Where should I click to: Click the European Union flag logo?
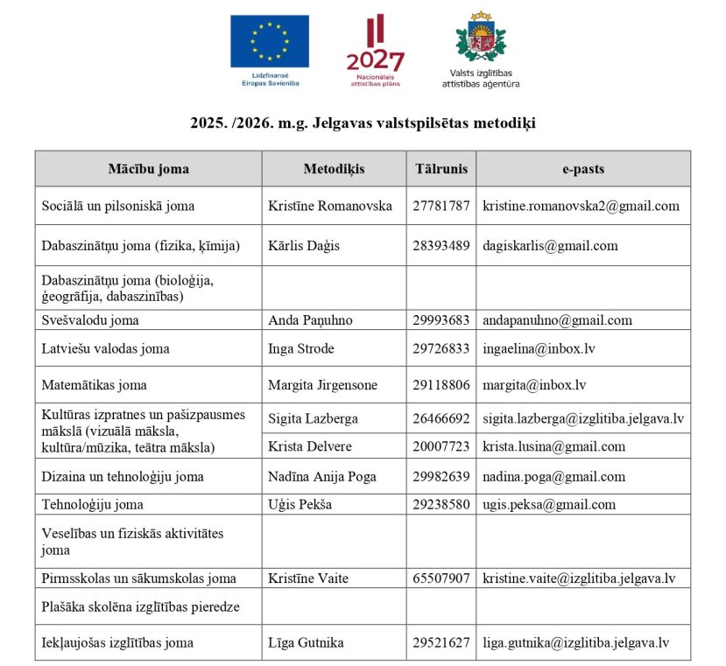[x=270, y=41]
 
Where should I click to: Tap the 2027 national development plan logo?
[x=375, y=48]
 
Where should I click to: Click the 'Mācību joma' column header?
[x=148, y=169]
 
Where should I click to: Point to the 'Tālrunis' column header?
[x=441, y=169]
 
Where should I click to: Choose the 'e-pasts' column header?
[x=582, y=169]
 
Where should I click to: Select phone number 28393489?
[x=441, y=246]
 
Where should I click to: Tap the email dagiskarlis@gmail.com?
[x=550, y=246]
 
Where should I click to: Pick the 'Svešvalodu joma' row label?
[x=90, y=320]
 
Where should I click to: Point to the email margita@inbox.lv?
[x=534, y=385]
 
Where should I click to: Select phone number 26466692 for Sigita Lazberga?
[x=441, y=419]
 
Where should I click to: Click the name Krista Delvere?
[x=310, y=447]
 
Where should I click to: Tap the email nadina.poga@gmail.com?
[x=553, y=477]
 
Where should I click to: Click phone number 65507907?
[x=441, y=578]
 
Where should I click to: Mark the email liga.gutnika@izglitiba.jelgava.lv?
[x=575, y=643]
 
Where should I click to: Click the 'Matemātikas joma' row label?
[x=95, y=385]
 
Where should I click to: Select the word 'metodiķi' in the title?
[x=502, y=123]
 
